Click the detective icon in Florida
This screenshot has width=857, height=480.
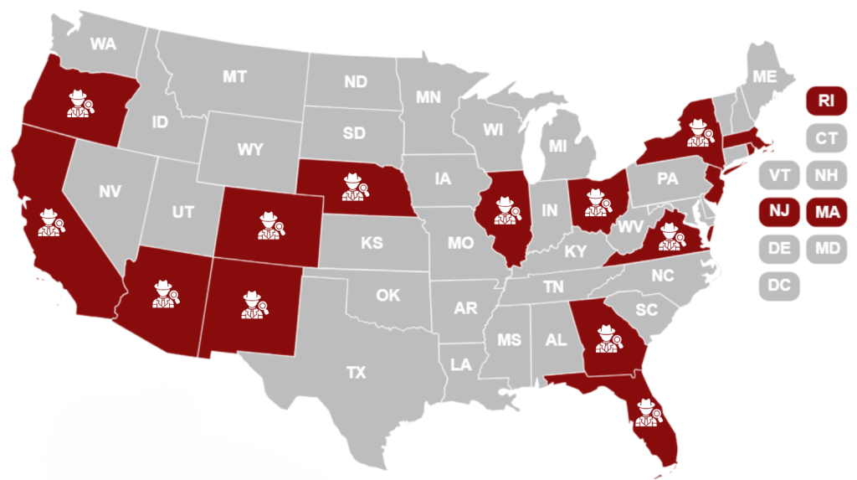click(x=646, y=412)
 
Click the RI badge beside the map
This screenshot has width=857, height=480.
click(x=826, y=101)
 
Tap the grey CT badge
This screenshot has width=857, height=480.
click(x=826, y=137)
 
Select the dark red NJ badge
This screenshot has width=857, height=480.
click(x=778, y=212)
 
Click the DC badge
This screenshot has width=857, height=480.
click(x=778, y=285)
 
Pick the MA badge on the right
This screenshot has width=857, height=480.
click(x=826, y=212)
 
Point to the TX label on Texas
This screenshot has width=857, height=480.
click(x=357, y=373)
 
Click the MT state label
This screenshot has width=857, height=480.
click(x=234, y=77)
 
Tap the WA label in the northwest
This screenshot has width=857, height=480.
click(x=103, y=44)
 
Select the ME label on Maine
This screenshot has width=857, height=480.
click(x=764, y=76)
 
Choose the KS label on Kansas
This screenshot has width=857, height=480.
click(x=372, y=243)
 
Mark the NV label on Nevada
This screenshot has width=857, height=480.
click(x=110, y=192)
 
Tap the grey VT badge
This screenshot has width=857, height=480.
click(x=778, y=176)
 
